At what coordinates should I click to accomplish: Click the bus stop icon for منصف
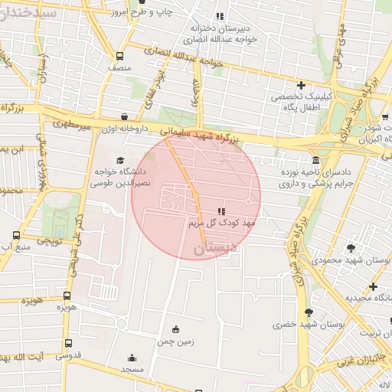click(x=119, y=56)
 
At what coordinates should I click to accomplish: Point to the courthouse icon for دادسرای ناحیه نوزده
click(x=315, y=160)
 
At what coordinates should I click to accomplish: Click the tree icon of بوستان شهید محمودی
click(x=351, y=247)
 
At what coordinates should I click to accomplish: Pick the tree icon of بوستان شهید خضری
click(x=309, y=312)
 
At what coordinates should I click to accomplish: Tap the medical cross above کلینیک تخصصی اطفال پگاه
click(x=302, y=85)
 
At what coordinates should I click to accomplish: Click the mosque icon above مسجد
click(x=132, y=357)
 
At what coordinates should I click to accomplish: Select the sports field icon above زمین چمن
click(x=176, y=329)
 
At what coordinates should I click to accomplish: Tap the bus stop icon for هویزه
click(x=67, y=295)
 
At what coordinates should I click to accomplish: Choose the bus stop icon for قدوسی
click(x=69, y=343)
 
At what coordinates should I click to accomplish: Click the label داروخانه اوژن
click(x=126, y=129)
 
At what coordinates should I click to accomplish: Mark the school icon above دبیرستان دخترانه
click(x=220, y=15)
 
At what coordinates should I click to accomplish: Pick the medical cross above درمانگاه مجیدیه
click(x=372, y=286)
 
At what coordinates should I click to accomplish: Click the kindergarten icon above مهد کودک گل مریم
click(x=221, y=211)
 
